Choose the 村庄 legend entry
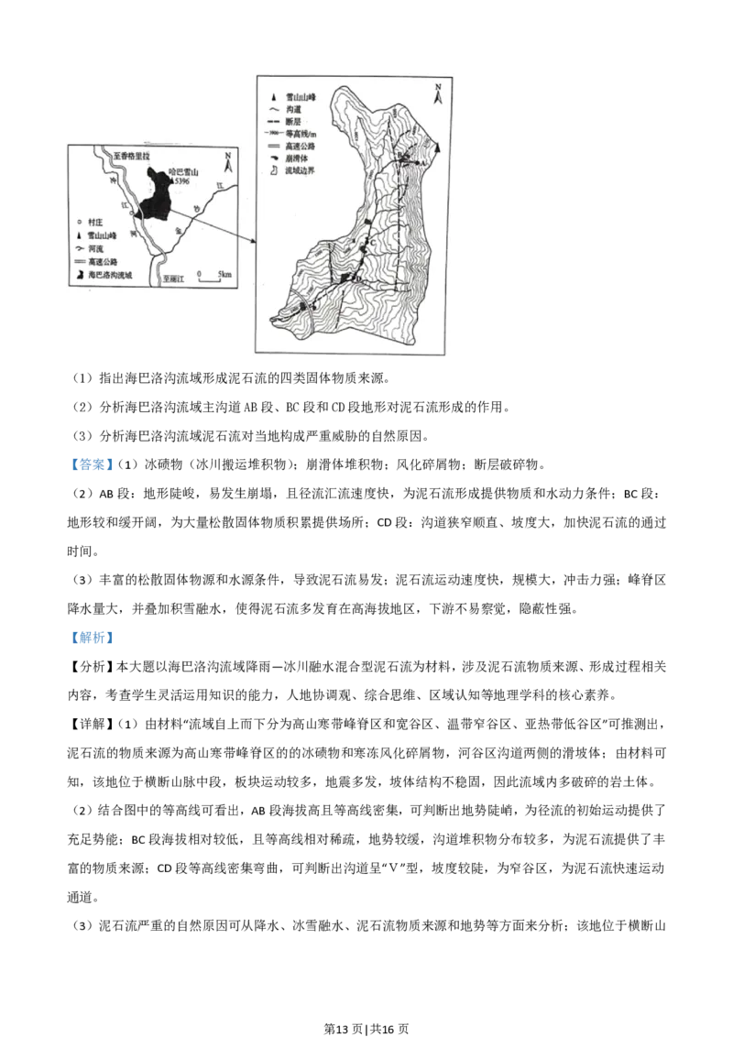coord(87,222)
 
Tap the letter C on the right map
coord(372,241)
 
